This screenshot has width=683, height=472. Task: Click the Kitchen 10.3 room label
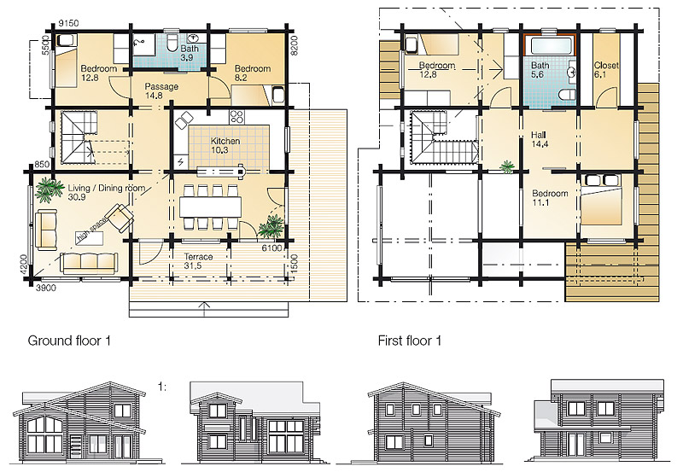tap(225, 145)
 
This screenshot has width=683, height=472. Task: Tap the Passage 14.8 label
tap(161, 91)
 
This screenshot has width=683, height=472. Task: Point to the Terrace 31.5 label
tap(198, 261)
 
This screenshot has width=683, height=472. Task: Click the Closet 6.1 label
tap(606, 70)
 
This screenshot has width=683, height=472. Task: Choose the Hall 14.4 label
tap(540, 139)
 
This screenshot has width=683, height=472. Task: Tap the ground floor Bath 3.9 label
tap(190, 53)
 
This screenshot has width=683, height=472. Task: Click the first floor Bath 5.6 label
tap(540, 70)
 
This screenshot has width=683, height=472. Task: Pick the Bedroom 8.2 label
tap(253, 73)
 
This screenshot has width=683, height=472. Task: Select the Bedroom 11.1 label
tap(550, 198)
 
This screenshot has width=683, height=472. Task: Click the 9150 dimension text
tap(68, 23)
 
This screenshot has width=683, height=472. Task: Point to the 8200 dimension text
tap(294, 45)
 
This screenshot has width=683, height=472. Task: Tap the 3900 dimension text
tap(45, 288)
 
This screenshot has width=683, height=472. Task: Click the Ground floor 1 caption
tap(69, 340)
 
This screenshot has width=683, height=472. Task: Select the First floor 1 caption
tap(410, 340)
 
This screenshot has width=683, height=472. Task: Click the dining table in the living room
tap(210, 207)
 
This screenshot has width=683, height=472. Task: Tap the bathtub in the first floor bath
tap(549, 45)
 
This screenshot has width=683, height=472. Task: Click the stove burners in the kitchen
tap(236, 116)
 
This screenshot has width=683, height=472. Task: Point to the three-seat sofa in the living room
tap(89, 263)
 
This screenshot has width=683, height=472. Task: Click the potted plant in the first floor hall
tap(506, 166)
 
